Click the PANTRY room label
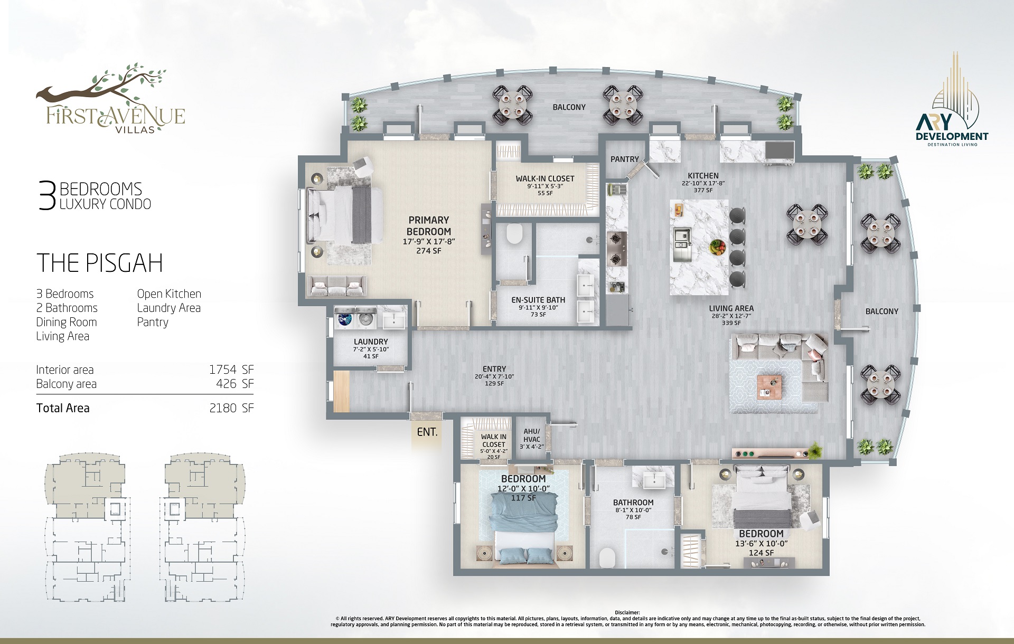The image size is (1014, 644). [x=625, y=159]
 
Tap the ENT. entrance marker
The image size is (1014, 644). [x=427, y=432]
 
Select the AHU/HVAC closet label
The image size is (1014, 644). [x=532, y=435]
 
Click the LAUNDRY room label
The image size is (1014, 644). [x=371, y=342]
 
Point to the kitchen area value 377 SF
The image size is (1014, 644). [x=703, y=191]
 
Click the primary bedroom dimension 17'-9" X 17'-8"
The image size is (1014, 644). [x=429, y=242]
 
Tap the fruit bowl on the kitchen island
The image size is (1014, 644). [x=718, y=246]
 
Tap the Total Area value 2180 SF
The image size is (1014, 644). [x=231, y=408]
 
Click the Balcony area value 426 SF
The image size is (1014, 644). [x=234, y=384]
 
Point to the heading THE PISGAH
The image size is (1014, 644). [x=100, y=263]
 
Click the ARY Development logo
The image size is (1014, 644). [x=952, y=100]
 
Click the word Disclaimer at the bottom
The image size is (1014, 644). [x=627, y=613]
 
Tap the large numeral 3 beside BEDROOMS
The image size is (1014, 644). [x=47, y=196]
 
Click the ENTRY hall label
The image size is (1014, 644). [x=494, y=369]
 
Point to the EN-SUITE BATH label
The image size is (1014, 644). [x=538, y=300]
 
